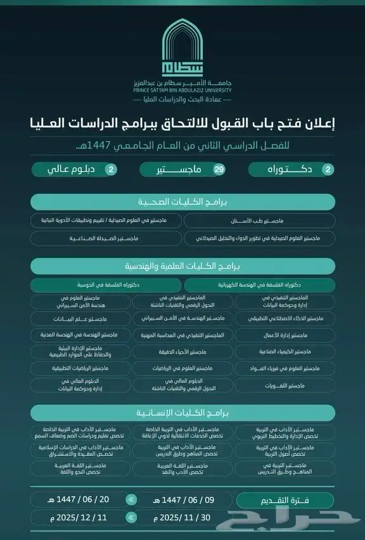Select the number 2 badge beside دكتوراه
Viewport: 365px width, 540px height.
pyautogui.click(x=328, y=170)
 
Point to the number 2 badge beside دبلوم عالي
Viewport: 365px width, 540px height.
pyautogui.click(x=112, y=170)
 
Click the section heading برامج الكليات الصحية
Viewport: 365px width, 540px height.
pyautogui.click(x=182, y=202)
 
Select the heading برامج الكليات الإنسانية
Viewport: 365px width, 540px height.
pyautogui.click(x=182, y=413)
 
